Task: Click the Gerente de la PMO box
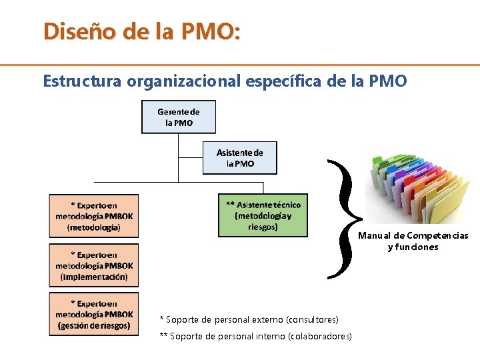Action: coord(179,117)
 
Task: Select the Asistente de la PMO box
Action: coord(239,158)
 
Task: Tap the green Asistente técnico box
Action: coord(263,215)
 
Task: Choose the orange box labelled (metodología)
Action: coord(94,216)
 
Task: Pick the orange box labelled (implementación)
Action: coord(94,265)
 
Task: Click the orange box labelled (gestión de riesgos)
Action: coord(94,315)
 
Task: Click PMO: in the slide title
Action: coord(211,31)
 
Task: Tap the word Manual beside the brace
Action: coord(373,235)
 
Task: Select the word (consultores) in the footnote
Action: coord(312,320)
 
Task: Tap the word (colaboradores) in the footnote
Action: coord(319,336)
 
